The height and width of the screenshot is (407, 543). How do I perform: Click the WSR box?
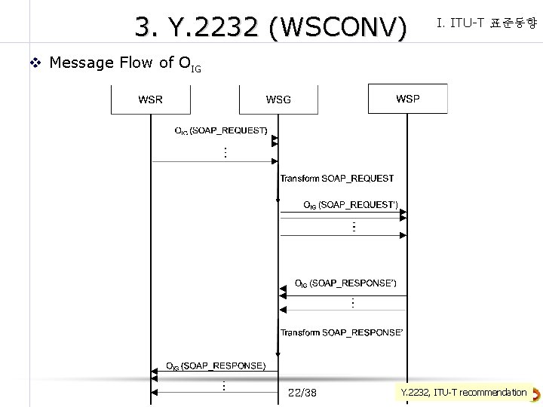point(150,99)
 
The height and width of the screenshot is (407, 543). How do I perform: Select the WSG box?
point(278,99)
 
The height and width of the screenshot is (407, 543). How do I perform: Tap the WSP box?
point(407,99)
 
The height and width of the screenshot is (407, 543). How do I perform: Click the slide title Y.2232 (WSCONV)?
point(271,28)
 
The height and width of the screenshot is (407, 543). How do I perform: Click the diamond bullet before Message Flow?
point(34,63)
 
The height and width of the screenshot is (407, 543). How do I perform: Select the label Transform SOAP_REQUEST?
point(337,179)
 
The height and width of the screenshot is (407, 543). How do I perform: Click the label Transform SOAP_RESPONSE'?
point(342,332)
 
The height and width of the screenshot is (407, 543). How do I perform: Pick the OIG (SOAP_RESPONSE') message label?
point(345,283)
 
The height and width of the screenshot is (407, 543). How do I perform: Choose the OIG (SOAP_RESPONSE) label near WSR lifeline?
point(216,366)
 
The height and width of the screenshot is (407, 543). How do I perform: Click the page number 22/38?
point(302,393)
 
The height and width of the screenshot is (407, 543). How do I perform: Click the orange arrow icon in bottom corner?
point(535,393)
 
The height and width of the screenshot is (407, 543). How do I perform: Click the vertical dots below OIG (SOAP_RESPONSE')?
point(352,303)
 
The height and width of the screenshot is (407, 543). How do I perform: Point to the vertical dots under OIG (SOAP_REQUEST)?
point(225,152)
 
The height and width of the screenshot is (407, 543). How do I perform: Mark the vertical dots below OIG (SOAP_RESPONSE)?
point(224,386)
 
